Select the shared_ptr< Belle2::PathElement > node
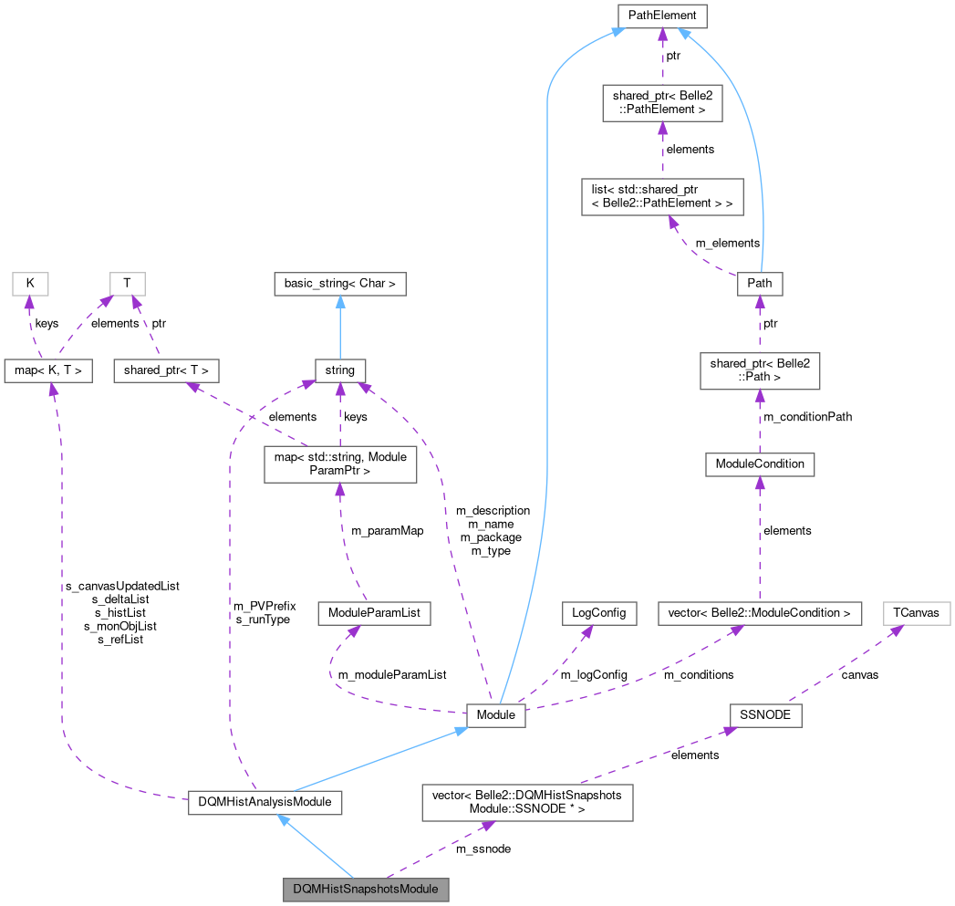tap(661, 102)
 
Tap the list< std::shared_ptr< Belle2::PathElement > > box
tap(662, 196)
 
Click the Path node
tap(759, 283)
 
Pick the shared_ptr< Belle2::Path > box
tap(759, 371)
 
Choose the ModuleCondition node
tap(759, 464)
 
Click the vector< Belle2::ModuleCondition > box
tap(759, 613)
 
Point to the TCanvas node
tap(916, 613)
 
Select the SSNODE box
tap(764, 716)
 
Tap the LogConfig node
tap(598, 613)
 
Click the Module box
tap(495, 716)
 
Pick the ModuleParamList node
tap(373, 613)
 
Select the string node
tap(339, 370)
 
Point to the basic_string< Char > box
tap(339, 284)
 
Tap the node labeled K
tap(30, 284)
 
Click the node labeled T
tap(127, 284)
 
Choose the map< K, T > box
tap(47, 370)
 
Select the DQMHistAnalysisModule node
tap(265, 803)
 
